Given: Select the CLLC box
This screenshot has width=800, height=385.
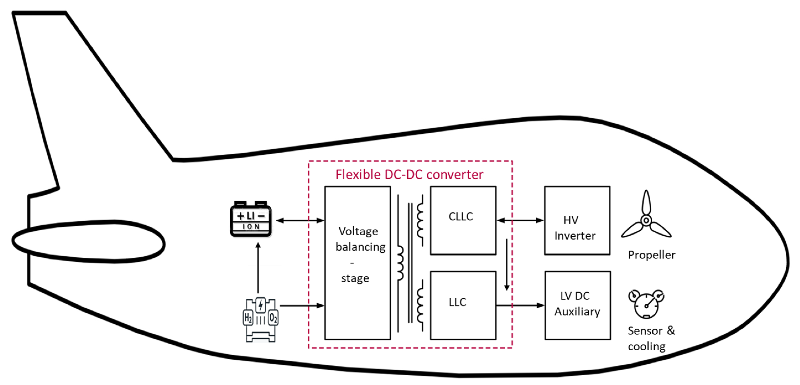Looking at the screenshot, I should coord(463,221).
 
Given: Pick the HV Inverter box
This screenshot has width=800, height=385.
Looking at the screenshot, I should coord(577,221).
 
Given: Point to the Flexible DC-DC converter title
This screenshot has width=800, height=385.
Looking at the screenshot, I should coord(409,175).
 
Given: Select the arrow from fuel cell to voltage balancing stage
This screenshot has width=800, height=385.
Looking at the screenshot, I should coord(302,306).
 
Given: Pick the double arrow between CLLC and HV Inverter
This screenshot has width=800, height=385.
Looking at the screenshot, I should coord(520,221).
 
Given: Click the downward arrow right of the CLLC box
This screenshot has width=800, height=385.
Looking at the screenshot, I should coord(507,264).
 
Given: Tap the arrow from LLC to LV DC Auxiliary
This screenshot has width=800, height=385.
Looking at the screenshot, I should coord(520,305).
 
